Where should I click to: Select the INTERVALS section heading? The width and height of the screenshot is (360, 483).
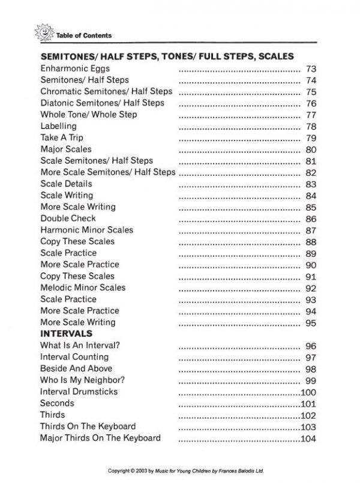point(66,334)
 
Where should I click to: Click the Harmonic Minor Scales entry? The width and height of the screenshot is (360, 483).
point(86,230)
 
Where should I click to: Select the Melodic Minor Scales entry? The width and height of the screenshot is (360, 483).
point(83,287)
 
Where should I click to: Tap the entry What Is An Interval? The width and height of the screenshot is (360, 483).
point(79,346)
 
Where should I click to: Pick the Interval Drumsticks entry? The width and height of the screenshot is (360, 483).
point(79,391)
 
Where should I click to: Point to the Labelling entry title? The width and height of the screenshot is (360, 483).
point(58,126)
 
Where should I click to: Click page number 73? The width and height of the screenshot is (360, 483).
point(311,69)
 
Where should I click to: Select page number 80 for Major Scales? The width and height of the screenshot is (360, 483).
point(311,149)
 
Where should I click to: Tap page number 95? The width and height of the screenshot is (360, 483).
point(311,323)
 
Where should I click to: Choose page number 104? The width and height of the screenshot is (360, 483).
point(308,439)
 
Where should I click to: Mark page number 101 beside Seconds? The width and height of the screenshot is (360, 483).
point(308,404)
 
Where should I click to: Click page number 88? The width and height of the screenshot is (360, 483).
point(311,242)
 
